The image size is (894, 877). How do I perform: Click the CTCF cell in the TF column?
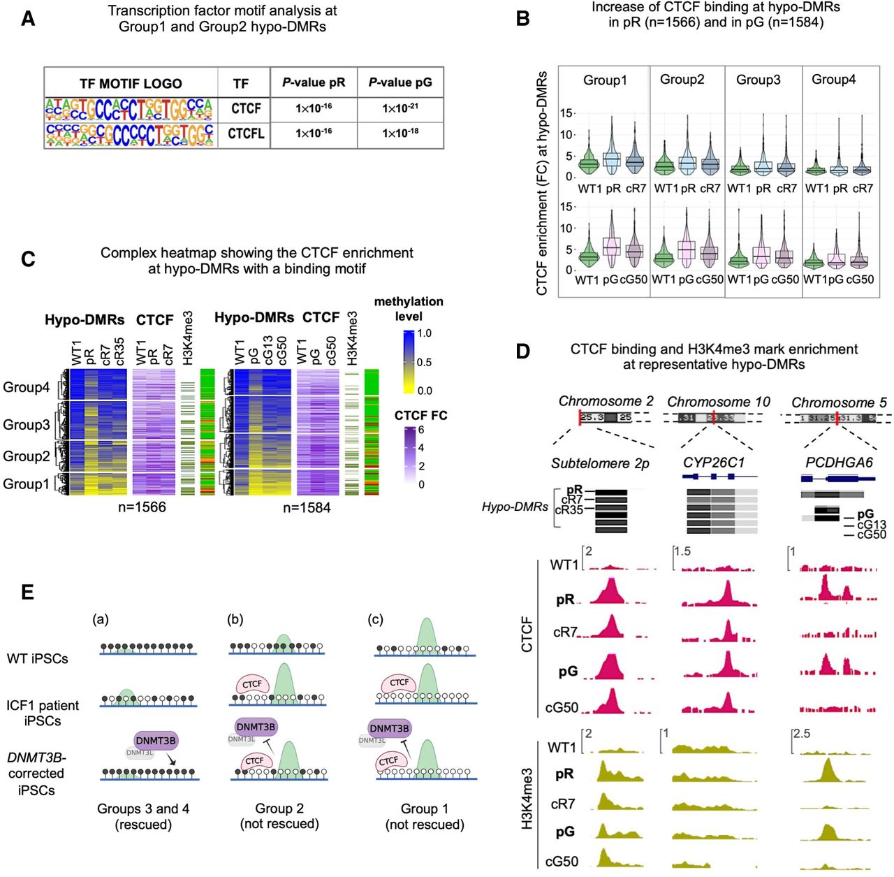246,109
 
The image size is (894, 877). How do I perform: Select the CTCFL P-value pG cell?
400,133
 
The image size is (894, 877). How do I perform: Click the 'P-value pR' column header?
314,82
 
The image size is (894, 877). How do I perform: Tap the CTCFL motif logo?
130,134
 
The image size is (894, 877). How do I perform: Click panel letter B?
522,19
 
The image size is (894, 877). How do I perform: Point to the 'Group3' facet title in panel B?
758,80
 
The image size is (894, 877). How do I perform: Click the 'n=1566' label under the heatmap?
142,508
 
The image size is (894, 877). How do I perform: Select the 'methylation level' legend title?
409,309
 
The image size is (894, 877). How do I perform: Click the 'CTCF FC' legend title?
420,416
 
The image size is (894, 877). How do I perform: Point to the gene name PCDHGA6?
838,463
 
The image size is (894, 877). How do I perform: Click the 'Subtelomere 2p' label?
599,463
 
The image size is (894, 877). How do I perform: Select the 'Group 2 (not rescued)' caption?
279,816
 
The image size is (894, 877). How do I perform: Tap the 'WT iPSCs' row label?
38,658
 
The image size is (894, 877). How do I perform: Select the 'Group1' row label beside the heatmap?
27,484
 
